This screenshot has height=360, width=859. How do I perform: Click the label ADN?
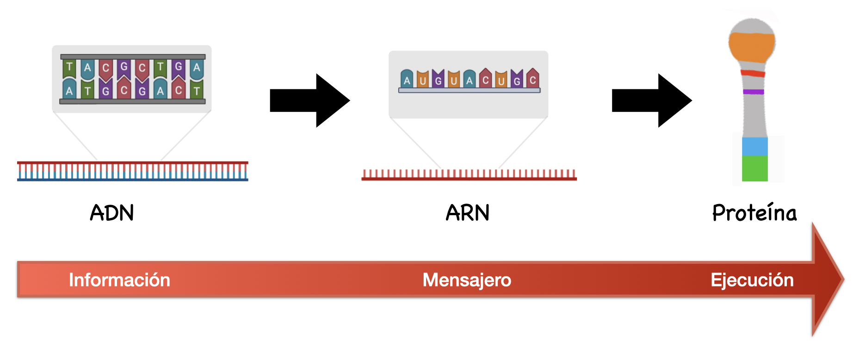(112, 213)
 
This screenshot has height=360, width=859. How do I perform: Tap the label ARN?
(467, 213)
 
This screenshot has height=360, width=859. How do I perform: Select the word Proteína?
(754, 213)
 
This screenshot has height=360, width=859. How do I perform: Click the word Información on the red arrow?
(119, 280)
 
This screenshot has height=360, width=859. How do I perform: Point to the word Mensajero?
(467, 280)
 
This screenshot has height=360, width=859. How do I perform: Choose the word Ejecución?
(752, 280)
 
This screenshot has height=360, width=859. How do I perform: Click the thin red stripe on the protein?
(753, 73)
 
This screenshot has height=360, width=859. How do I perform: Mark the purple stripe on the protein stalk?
(753, 92)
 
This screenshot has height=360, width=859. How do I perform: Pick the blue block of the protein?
(754, 146)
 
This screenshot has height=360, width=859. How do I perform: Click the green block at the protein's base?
(754, 168)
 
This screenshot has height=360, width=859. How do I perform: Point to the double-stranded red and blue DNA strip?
(132, 171)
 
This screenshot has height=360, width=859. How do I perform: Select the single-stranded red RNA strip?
(469, 175)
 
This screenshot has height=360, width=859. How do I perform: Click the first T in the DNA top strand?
(69, 68)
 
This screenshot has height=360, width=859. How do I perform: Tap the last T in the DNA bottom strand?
(197, 91)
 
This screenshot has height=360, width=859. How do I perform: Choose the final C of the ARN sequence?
(532, 80)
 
